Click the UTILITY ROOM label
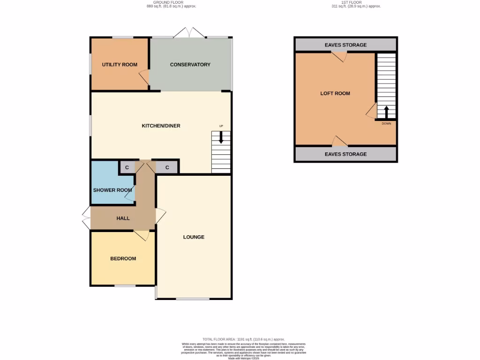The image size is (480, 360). click(120, 64)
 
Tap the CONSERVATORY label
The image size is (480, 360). click(190, 64)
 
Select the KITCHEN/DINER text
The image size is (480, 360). click(161, 126)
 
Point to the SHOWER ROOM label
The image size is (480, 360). click(112, 190)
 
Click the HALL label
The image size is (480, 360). click(122, 218)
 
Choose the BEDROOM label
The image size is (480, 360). click(123, 258)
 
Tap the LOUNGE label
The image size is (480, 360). click(194, 237)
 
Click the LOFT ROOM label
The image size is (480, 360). click(335, 93)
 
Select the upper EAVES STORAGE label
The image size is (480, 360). click(345, 45)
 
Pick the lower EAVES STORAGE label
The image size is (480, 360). click(345, 154)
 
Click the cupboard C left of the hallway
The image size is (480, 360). click(127, 167)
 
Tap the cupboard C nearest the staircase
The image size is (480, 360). click(167, 167)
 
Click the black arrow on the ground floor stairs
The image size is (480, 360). click(221, 137)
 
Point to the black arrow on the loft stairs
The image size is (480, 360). click(387, 112)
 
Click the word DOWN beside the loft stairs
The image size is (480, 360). click(386, 124)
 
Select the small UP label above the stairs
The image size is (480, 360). click(221, 126)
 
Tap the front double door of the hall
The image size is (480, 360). click(86, 218)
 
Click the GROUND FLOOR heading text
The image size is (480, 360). click(171, 2)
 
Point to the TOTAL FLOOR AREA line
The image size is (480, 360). click(243, 339)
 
